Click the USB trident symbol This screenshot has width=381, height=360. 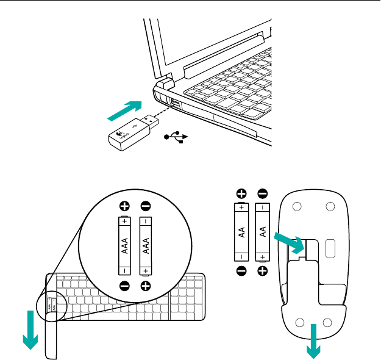click(x=177, y=138)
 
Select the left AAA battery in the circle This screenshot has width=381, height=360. click(x=124, y=246)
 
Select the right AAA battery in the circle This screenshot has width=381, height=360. click(x=146, y=246)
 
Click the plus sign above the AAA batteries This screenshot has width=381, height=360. click(x=124, y=206)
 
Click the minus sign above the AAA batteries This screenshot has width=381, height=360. click(x=146, y=206)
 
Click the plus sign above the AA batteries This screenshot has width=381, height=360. click(x=241, y=193)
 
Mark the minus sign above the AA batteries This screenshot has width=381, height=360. click(x=263, y=193)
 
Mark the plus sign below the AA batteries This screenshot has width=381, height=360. click(x=263, y=270)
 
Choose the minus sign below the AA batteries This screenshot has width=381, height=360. click(x=241, y=270)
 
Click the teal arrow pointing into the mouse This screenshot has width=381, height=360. click(x=286, y=240)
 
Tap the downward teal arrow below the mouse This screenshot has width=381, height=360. click(x=314, y=342)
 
